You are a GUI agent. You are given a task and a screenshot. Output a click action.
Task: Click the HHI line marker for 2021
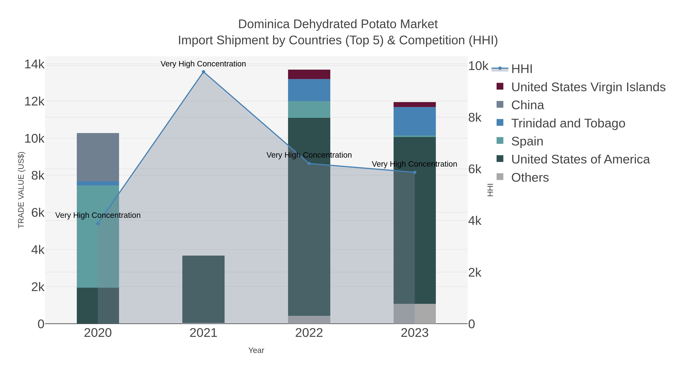(203, 72)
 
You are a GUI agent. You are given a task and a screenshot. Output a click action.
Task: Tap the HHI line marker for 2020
(98, 223)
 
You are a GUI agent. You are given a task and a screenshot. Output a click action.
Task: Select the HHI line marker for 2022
(309, 163)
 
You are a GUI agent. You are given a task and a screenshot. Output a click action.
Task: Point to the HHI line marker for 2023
(415, 172)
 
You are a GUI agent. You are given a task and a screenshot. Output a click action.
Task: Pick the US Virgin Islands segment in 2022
(309, 74)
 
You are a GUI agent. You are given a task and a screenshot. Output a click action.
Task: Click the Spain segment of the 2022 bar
(309, 109)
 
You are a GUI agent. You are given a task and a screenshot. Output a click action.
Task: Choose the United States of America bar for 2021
(203, 288)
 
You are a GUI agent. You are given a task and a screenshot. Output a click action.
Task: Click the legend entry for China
(527, 105)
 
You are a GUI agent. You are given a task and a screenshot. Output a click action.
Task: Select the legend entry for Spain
(527, 141)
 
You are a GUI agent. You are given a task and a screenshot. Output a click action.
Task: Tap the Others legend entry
(530, 178)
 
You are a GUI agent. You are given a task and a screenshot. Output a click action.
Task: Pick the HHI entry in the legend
(522, 69)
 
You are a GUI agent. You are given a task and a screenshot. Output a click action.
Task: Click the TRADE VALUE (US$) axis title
(21, 190)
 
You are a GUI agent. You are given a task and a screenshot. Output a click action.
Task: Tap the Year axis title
(256, 350)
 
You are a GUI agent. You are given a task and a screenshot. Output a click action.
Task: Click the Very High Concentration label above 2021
(203, 64)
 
